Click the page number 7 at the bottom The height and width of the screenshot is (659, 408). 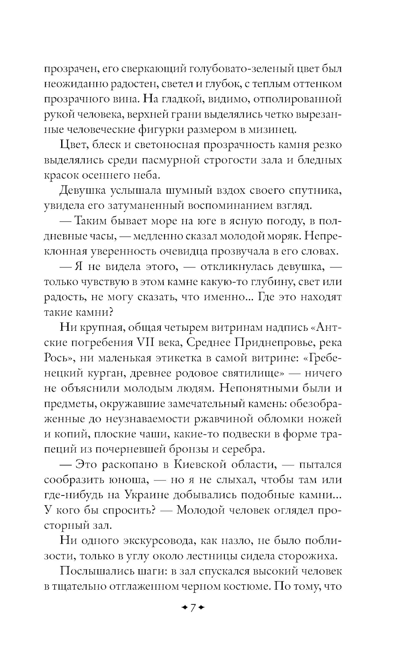[x=193, y=608]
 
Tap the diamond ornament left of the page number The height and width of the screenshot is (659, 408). [x=184, y=608]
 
